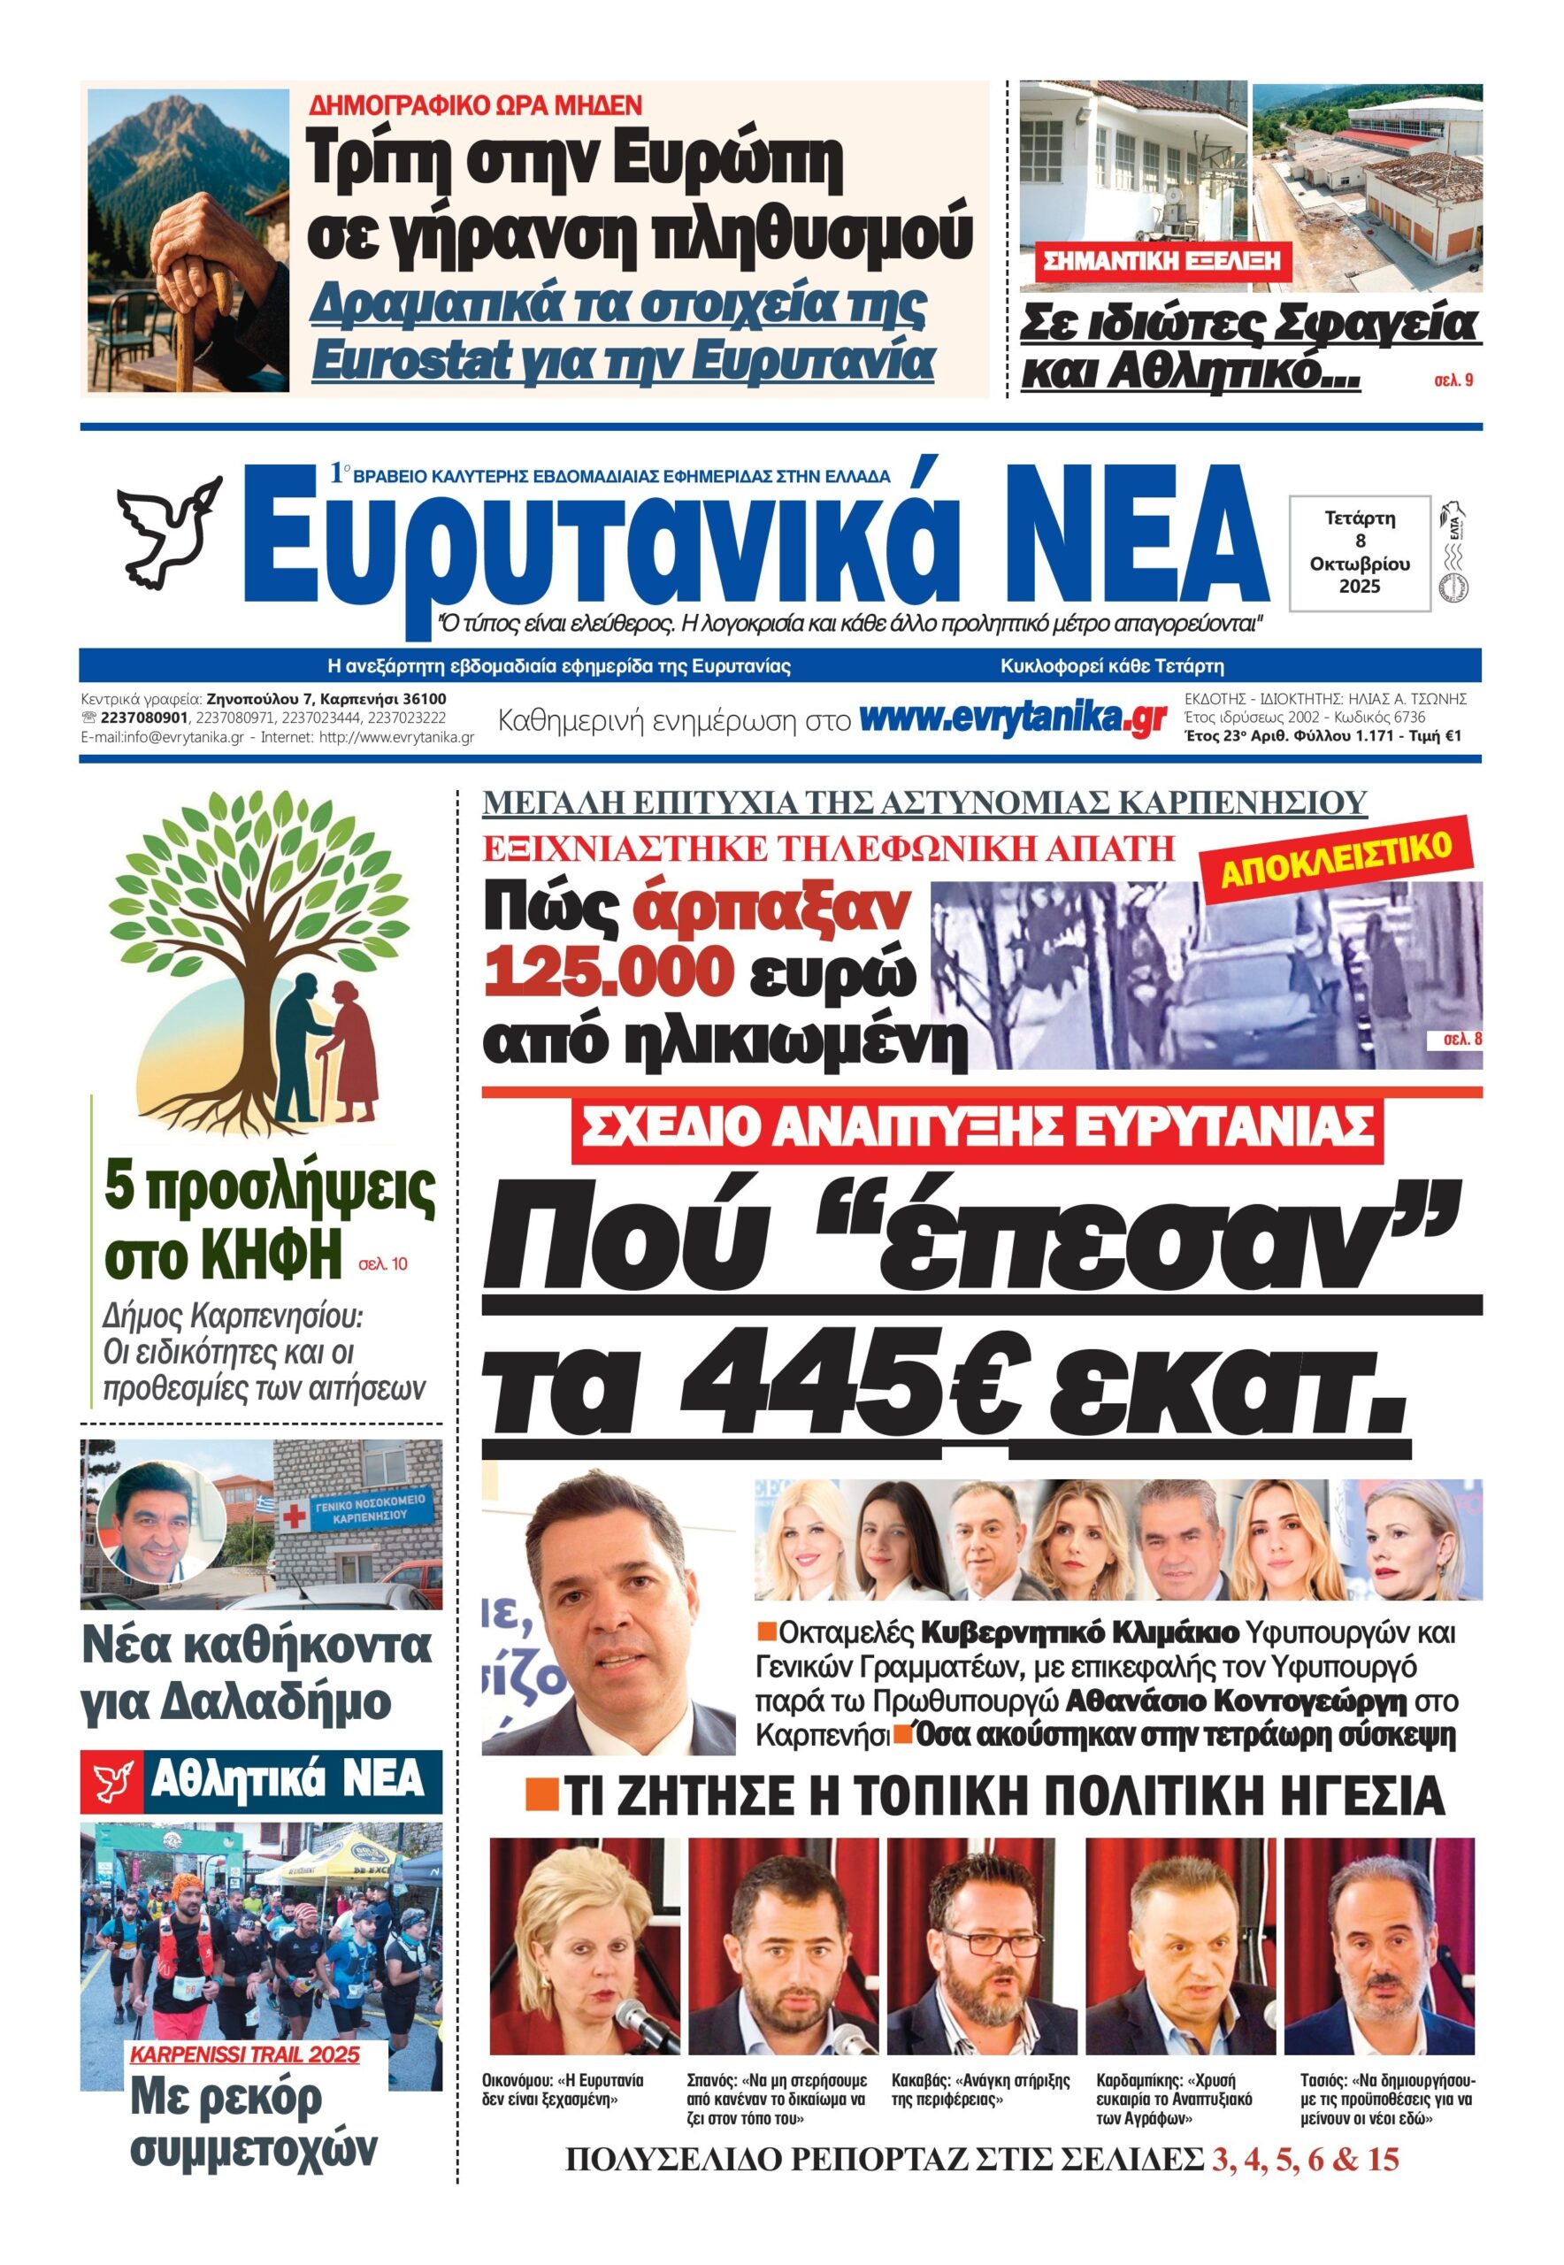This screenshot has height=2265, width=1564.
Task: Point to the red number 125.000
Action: pos(609,971)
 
